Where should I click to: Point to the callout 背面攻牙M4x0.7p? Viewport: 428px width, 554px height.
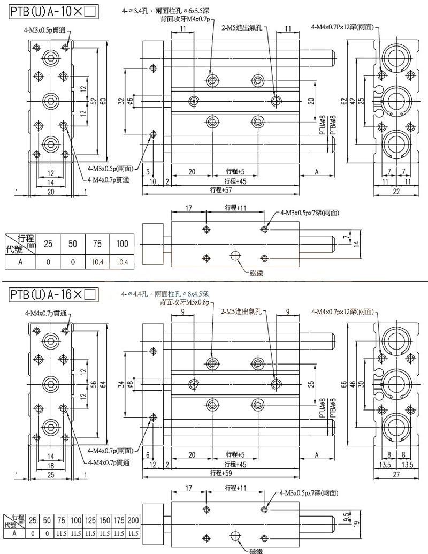coord(185,19)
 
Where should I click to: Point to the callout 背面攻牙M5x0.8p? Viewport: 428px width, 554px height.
coord(185,302)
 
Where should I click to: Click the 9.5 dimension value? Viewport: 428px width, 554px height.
coord(347,518)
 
